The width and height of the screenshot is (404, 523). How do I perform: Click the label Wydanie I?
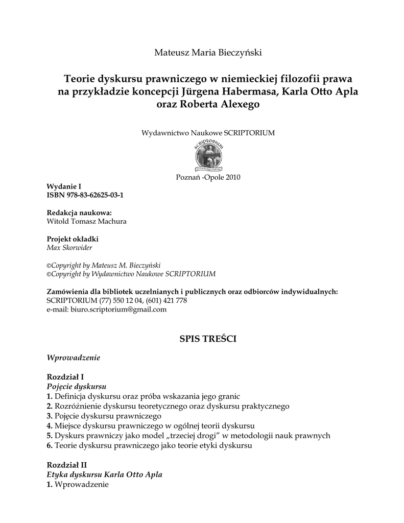[64, 187]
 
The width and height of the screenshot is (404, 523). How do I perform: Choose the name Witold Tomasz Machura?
[86, 222]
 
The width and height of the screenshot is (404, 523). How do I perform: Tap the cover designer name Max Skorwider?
[69, 248]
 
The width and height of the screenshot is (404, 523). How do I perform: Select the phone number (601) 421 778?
[166, 300]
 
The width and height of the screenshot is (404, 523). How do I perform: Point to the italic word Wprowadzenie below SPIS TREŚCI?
[73, 358]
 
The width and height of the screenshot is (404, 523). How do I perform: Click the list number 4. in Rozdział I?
[50, 425]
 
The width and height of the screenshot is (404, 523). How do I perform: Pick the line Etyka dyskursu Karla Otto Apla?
[105, 474]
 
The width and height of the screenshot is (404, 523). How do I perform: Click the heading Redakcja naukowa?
[79, 213]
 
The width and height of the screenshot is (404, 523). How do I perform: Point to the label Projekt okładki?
[73, 239]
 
